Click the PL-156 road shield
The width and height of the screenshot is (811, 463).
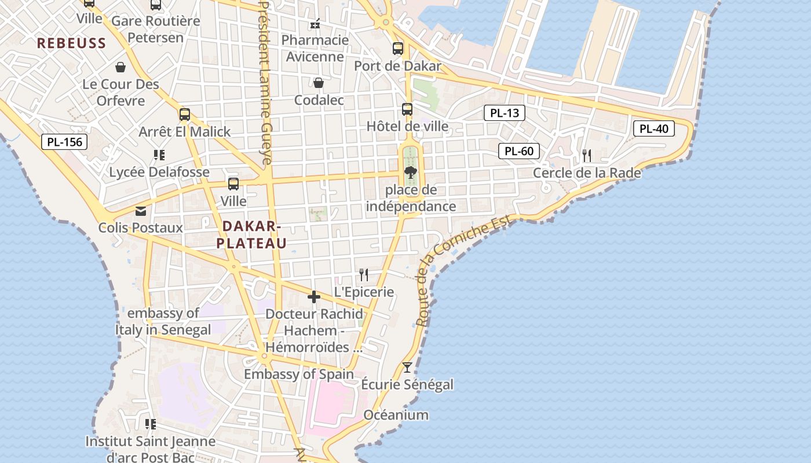(64, 142)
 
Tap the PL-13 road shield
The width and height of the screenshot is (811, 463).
(505, 113)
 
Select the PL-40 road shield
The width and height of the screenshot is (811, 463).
(654, 128)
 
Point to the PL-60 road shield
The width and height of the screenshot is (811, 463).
(519, 152)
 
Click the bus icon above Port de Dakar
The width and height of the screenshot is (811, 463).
(397, 49)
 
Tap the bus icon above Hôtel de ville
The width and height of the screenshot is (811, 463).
(407, 109)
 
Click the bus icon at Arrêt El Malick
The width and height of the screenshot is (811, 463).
(185, 115)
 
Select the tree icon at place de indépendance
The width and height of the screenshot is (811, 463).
(411, 172)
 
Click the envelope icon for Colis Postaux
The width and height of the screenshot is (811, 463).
(141, 211)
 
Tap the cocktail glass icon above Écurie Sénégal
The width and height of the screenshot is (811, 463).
(407, 367)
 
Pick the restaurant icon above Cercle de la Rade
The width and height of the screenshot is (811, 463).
(587, 155)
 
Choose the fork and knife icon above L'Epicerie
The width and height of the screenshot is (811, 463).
(364, 274)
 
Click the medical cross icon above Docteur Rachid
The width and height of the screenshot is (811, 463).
(314, 297)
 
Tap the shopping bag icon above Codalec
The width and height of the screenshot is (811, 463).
(319, 83)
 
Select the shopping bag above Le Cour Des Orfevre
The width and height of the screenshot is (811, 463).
(120, 67)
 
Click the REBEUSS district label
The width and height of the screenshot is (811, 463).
(72, 43)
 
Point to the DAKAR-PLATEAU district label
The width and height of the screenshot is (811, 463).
(251, 234)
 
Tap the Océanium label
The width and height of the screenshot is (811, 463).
(396, 415)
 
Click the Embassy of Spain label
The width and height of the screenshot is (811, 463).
(298, 374)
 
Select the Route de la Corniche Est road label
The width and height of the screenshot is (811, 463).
(463, 270)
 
